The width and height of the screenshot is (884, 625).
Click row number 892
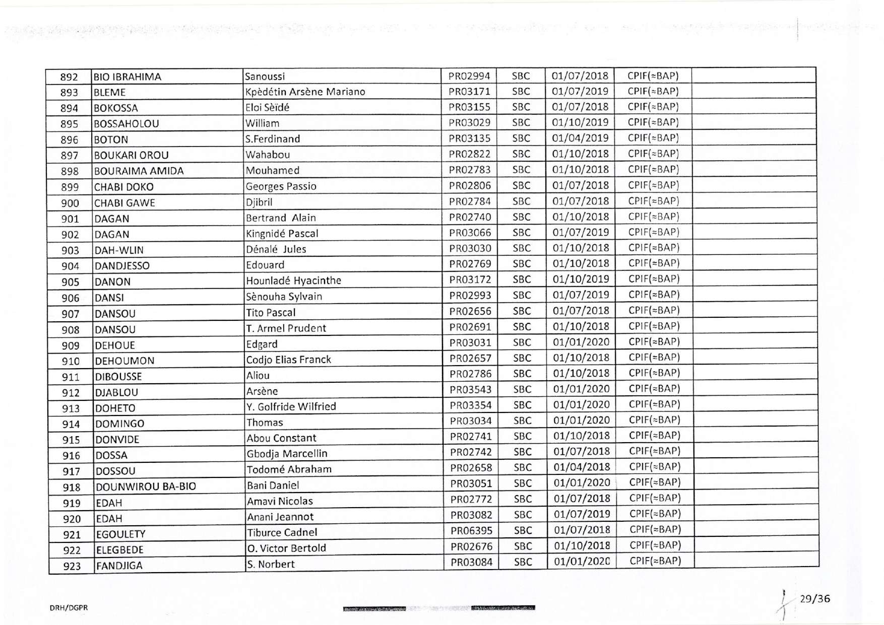69,77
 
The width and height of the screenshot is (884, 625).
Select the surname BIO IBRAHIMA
128,77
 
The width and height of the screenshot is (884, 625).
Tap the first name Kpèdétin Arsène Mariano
305,92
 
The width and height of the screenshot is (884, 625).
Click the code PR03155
470,107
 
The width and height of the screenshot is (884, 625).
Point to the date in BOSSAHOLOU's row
580,122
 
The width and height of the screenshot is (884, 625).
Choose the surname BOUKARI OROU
132,155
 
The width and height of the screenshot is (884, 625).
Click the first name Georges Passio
281,186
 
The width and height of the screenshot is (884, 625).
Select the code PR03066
470,233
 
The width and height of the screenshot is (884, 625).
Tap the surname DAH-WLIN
119,250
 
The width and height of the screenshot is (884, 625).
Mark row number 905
71,282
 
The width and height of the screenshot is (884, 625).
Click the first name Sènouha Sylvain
284,296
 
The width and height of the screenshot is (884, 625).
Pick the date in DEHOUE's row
581,342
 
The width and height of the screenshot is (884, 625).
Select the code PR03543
471,389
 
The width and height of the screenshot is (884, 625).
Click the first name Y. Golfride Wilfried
291,406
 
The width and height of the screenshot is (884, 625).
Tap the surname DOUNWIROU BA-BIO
146,487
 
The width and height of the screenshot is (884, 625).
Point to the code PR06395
472,530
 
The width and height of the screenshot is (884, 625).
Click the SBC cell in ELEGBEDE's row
523,546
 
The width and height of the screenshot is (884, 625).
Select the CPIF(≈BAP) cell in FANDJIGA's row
655,561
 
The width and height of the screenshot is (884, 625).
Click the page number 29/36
814,599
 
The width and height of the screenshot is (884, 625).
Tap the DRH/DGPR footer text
69,608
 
